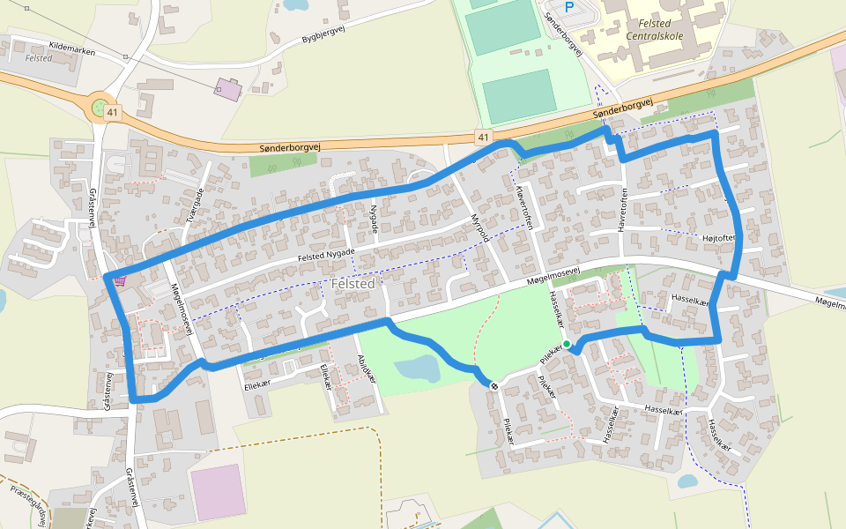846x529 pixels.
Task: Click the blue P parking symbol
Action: (568, 7)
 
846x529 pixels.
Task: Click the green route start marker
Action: (567, 344)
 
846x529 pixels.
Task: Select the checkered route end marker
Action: (494, 385)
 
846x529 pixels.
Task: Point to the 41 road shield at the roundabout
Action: (111, 113)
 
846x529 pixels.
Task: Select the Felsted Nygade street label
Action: (325, 255)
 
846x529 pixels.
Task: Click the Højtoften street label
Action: (718, 237)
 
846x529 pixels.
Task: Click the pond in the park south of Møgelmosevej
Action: (416, 369)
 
